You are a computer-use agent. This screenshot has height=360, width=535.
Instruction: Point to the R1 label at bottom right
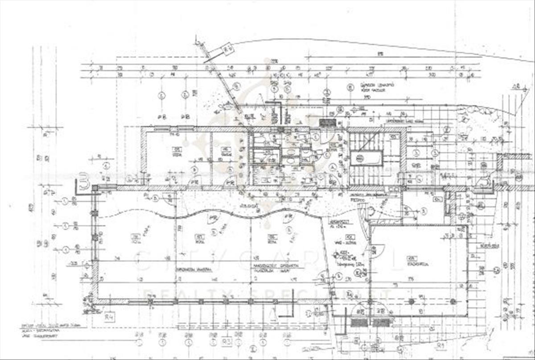[441, 345]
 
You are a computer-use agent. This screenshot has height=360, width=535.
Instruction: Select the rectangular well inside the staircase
[366, 158]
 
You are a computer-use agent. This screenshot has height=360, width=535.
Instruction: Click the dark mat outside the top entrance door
[328, 122]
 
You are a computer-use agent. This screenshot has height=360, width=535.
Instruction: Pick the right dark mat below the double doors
[381, 322]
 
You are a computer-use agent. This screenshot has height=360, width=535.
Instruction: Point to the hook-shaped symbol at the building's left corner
[82, 183]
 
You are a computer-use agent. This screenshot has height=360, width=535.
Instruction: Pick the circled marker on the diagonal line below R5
[237, 86]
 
